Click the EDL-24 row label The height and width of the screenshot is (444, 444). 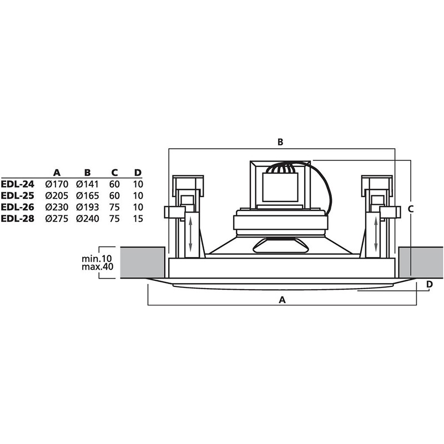click(x=18, y=184)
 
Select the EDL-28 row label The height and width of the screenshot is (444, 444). click(x=18, y=219)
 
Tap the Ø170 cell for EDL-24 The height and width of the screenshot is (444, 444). click(x=57, y=184)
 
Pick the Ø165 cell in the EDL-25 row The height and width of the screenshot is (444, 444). click(x=88, y=196)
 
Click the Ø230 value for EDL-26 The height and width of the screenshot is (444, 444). click(x=57, y=207)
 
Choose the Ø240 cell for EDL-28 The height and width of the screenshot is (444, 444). click(x=88, y=219)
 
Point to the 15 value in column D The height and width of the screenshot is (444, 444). click(x=138, y=219)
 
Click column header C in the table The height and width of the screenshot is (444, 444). click(x=114, y=173)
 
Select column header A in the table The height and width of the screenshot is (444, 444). click(x=57, y=173)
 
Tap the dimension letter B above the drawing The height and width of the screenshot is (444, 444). click(x=280, y=142)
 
